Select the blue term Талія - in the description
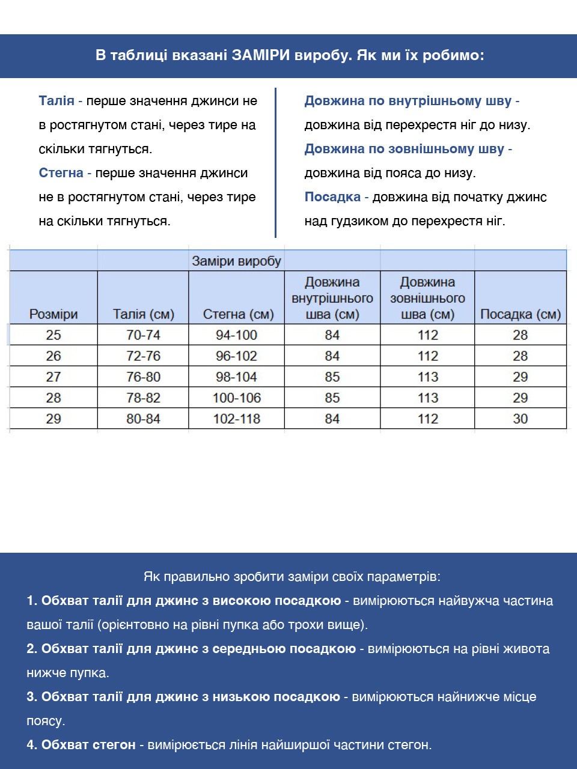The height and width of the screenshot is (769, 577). (x=60, y=101)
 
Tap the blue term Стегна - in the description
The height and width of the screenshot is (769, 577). (x=65, y=173)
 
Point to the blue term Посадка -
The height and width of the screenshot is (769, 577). (x=336, y=197)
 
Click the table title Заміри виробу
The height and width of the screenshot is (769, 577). (x=236, y=261)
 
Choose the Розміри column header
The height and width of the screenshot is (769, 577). (x=53, y=314)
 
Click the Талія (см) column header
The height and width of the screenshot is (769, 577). (x=143, y=314)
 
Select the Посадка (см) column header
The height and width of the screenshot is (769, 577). (x=520, y=314)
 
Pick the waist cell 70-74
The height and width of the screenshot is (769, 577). (x=143, y=335)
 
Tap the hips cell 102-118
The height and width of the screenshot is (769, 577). (x=236, y=419)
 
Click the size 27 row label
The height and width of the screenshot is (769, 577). (x=53, y=377)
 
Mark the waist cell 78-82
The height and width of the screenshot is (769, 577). (x=143, y=398)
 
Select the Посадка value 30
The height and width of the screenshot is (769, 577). (x=520, y=419)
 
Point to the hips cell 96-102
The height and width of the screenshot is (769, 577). (x=236, y=356)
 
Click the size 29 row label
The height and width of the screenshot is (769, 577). (x=53, y=419)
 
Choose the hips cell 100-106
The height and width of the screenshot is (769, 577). (x=236, y=398)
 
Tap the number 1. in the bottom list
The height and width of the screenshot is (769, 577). (x=32, y=601)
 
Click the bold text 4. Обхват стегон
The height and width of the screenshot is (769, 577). (x=81, y=745)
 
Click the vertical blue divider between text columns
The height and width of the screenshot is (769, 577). (x=275, y=162)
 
